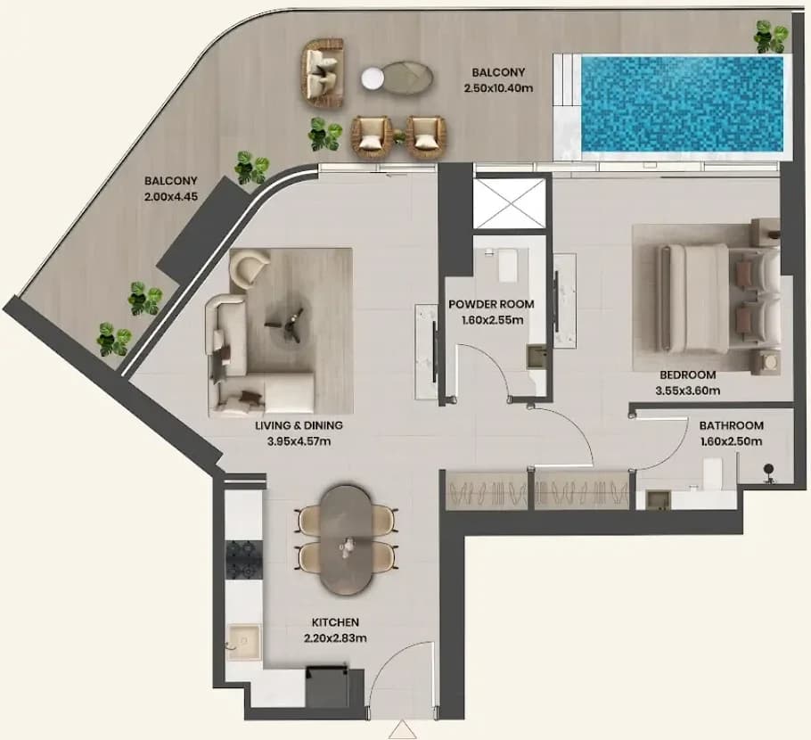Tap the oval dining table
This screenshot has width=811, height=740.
click(x=346, y=539)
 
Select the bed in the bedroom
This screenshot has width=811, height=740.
click(x=719, y=299)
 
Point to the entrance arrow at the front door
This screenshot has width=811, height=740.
click(x=402, y=731)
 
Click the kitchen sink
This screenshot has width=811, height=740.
click(x=245, y=642)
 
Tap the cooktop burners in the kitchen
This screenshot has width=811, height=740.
click(x=245, y=560)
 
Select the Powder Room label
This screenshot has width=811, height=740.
click(x=491, y=304)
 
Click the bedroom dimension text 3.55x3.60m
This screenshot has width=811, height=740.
click(x=687, y=391)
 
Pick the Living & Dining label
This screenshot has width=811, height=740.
click(x=299, y=425)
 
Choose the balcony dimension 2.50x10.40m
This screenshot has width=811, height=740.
click(x=498, y=88)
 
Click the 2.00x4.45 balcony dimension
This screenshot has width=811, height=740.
click(x=171, y=197)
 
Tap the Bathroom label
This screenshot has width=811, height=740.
click(x=732, y=425)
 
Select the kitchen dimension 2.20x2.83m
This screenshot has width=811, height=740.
click(x=336, y=638)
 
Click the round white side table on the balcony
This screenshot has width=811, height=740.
click(x=372, y=78)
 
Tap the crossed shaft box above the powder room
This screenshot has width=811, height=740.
click(x=510, y=203)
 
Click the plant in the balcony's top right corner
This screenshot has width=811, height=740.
click(x=771, y=37)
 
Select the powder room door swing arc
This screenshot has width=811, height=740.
click(x=493, y=365)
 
